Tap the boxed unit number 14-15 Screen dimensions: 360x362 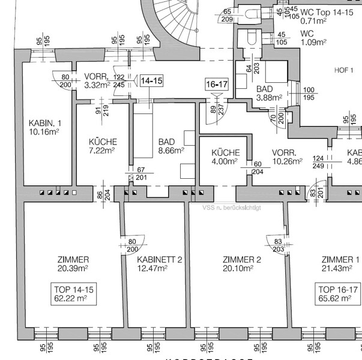point(151,80)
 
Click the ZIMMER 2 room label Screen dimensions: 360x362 point(241,264)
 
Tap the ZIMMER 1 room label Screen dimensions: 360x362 point(340,264)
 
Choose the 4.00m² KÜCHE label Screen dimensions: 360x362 point(225,157)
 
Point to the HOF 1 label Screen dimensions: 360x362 point(344,70)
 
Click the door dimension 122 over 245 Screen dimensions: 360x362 point(119,81)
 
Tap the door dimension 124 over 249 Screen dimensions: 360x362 point(319,162)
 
